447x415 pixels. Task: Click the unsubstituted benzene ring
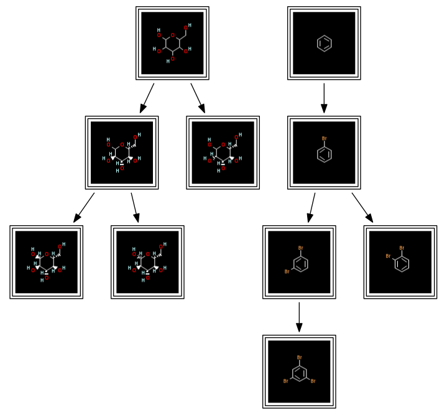tap(324, 43)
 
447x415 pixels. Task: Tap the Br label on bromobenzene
tap(324, 139)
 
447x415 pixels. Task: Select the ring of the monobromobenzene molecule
tap(324, 154)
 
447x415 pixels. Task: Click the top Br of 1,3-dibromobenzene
tap(300, 248)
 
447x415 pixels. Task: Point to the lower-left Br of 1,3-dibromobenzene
tap(287, 272)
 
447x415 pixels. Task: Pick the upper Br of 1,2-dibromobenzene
tap(402, 248)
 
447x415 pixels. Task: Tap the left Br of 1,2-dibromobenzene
tap(388, 256)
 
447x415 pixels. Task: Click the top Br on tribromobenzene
tap(299, 358)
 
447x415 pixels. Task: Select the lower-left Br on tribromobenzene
tap(286, 381)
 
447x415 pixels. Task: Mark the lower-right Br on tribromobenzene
tap(313, 381)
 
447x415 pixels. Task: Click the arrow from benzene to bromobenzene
tap(324, 98)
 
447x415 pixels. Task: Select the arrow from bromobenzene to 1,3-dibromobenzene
tap(311, 207)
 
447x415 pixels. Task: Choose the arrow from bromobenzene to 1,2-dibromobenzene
tap(362, 207)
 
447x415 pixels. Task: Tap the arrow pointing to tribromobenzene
tap(299, 317)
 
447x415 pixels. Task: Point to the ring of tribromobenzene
tap(299, 373)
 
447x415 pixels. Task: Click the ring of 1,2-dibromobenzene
tap(402, 264)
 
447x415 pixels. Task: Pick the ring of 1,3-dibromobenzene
tap(300, 264)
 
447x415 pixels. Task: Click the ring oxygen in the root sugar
tap(173, 35)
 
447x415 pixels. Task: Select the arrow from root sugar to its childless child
tap(198, 98)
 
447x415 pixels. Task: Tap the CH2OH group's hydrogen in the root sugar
tap(190, 26)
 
